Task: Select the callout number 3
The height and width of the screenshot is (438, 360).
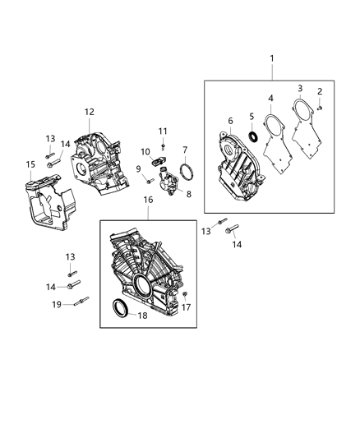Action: click(300, 88)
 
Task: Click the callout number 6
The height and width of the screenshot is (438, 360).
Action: click(230, 121)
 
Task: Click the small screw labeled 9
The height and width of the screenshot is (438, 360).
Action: click(150, 180)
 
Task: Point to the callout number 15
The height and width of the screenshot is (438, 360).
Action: click(30, 164)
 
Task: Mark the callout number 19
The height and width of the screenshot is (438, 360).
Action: click(58, 304)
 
